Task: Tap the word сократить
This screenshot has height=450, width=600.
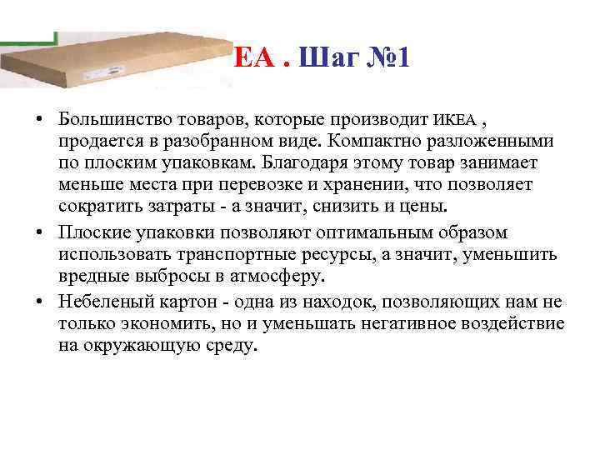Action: pos(99,206)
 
